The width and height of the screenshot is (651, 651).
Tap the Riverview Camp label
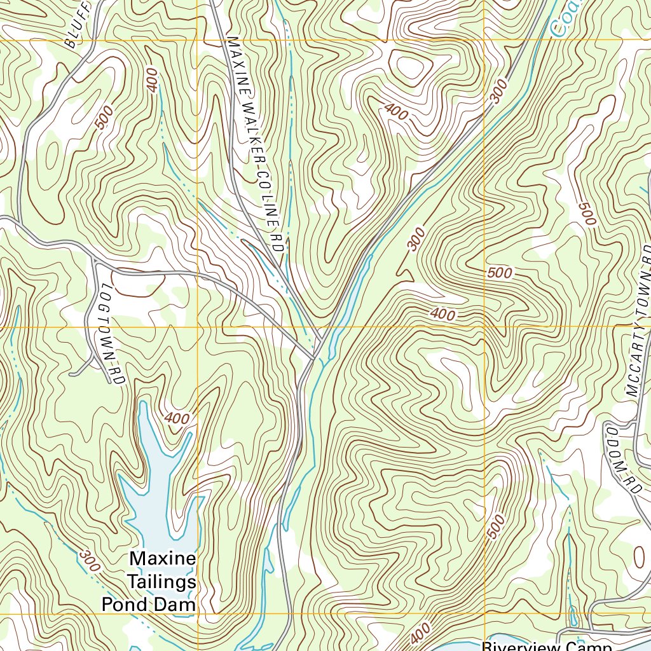coord(547,645)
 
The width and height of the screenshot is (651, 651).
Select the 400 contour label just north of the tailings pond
coord(177,418)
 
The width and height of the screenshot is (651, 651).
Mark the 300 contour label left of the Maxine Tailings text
coord(90,559)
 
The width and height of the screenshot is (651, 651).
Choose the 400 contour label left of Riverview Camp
coord(420,633)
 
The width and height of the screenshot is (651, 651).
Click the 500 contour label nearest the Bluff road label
coord(106,118)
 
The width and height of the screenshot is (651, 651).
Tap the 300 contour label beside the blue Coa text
coord(500,92)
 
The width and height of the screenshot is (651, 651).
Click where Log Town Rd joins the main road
coord(95,261)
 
